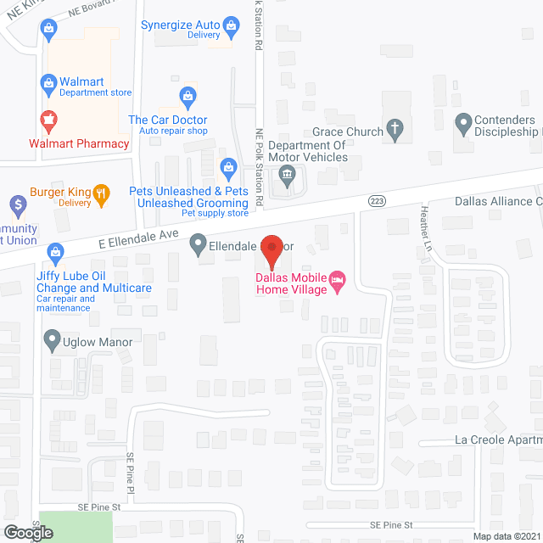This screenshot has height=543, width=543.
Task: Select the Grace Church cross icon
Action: (394, 130)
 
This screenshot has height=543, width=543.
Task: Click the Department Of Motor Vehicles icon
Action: (287, 176)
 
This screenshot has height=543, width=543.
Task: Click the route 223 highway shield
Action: (378, 200)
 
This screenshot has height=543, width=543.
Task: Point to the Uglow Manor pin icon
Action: (53, 341)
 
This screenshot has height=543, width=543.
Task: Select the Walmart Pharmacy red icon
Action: (49, 117)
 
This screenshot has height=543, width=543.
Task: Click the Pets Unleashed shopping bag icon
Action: (227, 166)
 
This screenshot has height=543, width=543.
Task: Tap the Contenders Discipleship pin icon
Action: (463, 124)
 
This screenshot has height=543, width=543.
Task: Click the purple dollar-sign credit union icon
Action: (16, 204)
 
